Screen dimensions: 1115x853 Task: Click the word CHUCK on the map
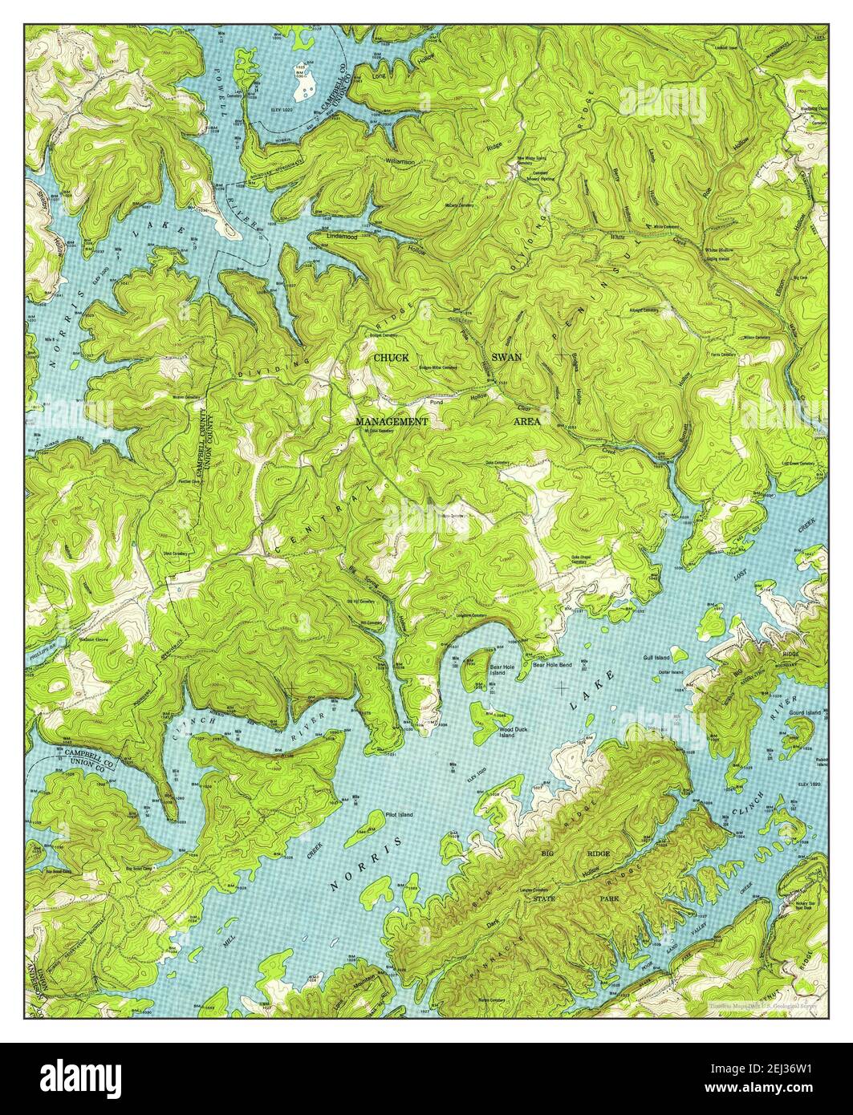tap(389, 357)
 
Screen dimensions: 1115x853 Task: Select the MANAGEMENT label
tap(392, 421)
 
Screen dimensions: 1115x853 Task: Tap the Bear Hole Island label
tap(498, 669)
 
